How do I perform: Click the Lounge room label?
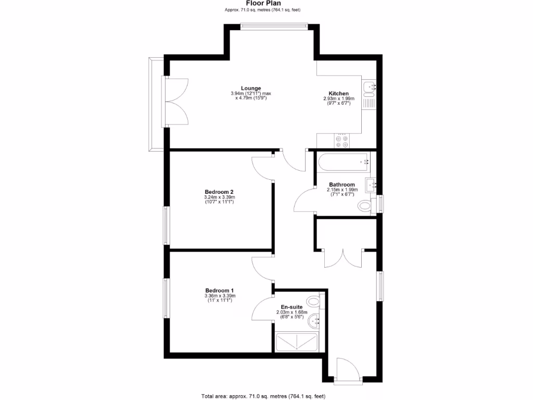251,88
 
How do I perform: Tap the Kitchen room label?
338,94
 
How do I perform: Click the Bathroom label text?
342,184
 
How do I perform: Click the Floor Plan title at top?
263,3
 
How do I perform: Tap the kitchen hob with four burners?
342,141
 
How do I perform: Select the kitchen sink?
369,87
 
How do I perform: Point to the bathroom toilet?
366,206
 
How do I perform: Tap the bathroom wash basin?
371,183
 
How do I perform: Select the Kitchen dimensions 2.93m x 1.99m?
338,98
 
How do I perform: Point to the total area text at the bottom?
263,396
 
